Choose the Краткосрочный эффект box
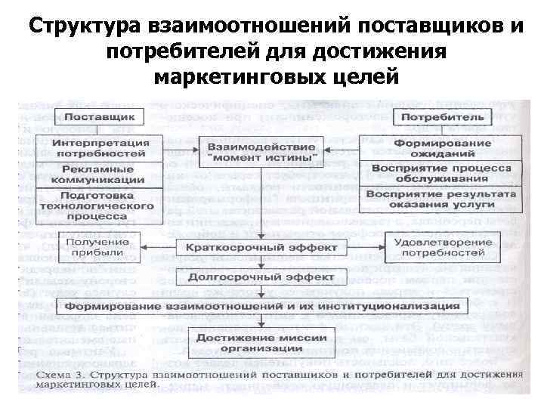coord(261,247)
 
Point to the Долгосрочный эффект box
coord(261,277)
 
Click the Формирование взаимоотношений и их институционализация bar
coord(261,307)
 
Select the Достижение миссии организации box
coord(261,343)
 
